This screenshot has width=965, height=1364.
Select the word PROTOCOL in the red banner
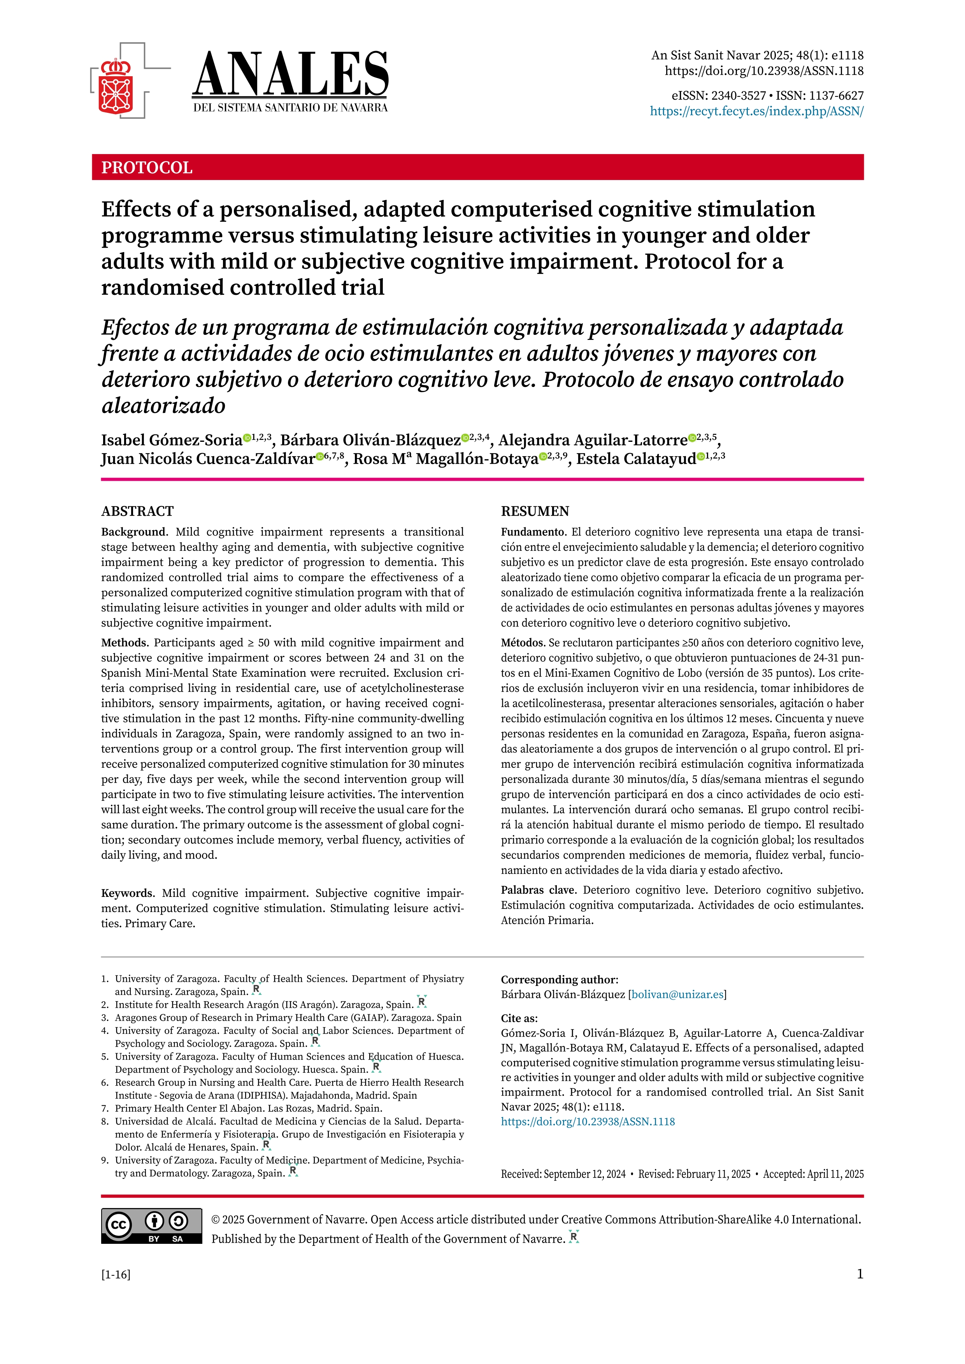pyautogui.click(x=147, y=168)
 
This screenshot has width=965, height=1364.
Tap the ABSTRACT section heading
pyautogui.click(x=137, y=511)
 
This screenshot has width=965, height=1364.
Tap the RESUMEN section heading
pyautogui.click(x=535, y=511)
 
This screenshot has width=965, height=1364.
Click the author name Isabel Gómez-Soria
pyautogui.click(x=172, y=440)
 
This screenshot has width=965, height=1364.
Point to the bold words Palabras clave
pyautogui.click(x=538, y=890)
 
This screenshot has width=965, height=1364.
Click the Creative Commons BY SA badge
pyautogui.click(x=151, y=1226)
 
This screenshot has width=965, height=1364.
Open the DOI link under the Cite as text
pyautogui.click(x=588, y=1122)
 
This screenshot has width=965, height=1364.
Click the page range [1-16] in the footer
pyautogui.click(x=116, y=1274)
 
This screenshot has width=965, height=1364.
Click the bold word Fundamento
pyautogui.click(x=532, y=532)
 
